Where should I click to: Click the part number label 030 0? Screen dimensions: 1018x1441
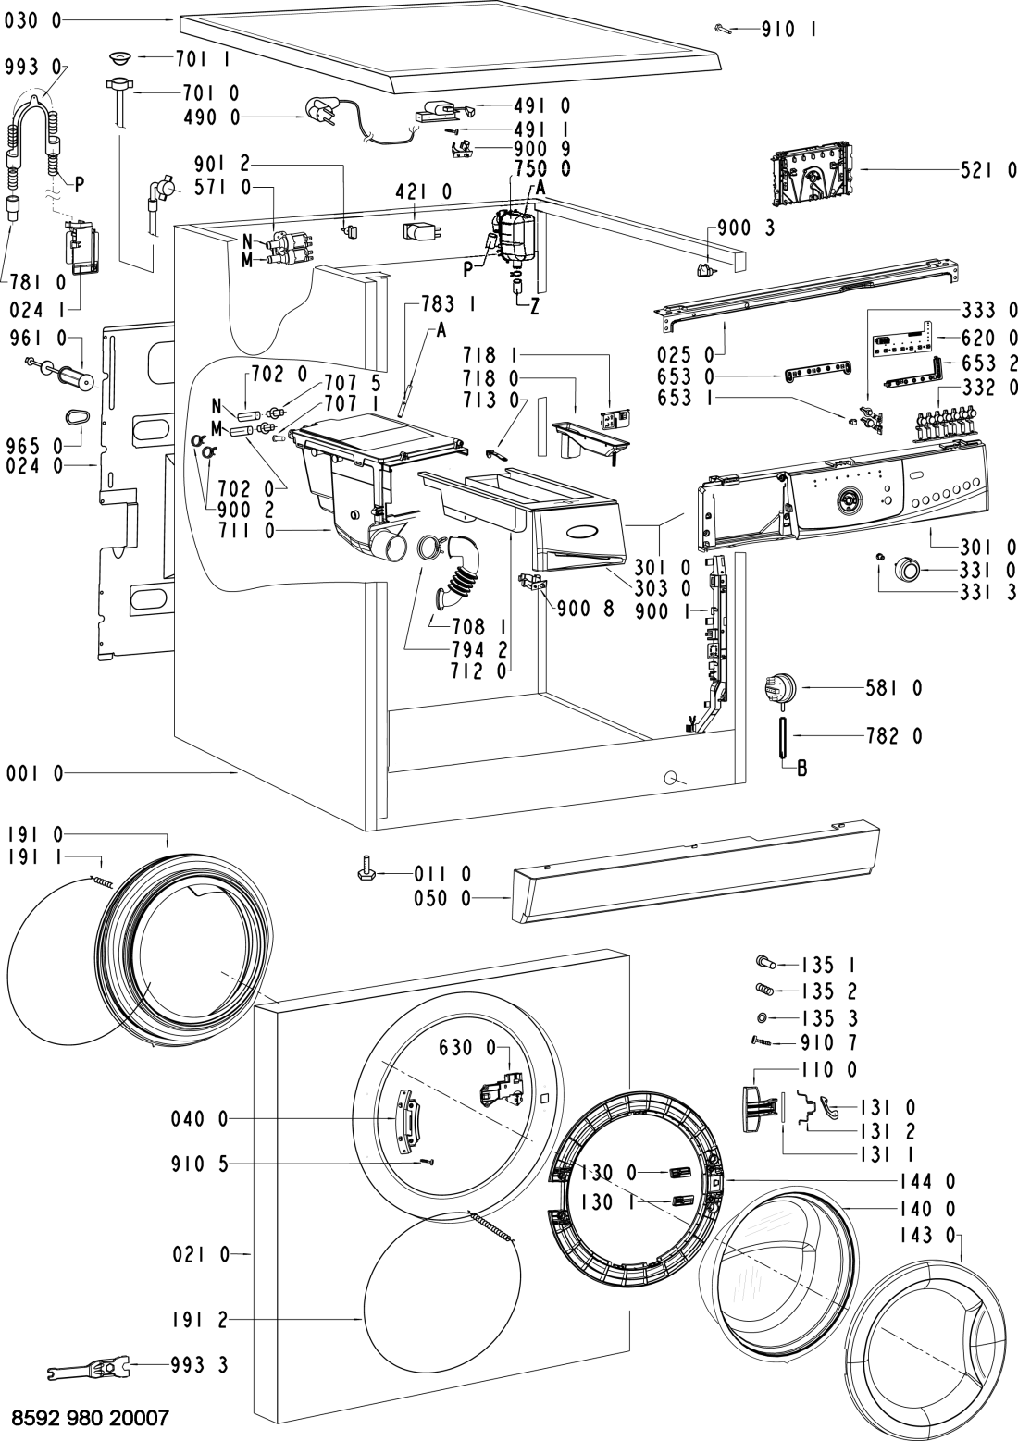[x=32, y=20]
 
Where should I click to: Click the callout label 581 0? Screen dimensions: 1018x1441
[x=892, y=689]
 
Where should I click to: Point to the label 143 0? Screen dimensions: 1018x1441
[x=927, y=1236]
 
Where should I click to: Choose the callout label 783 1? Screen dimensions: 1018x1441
[x=448, y=303]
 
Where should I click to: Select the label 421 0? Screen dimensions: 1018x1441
[x=424, y=191]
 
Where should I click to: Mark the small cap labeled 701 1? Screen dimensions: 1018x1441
[x=119, y=58]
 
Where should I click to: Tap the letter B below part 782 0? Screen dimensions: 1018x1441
[x=801, y=768]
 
